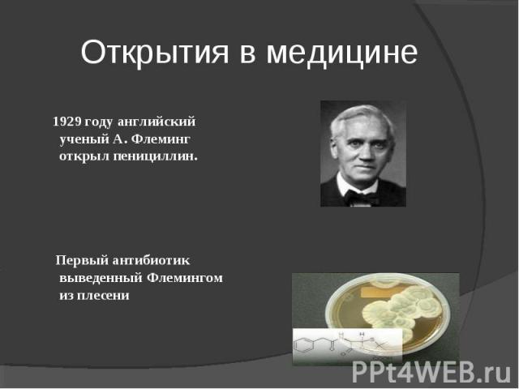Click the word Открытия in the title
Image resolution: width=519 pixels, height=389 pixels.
[155, 53]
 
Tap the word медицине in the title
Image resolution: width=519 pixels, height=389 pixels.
[342, 53]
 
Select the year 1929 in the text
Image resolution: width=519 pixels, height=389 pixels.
[66, 122]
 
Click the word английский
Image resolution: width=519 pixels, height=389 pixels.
[157, 122]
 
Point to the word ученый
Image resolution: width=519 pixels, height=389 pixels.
[84, 139]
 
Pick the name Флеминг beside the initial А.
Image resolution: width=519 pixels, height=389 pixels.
[161, 139]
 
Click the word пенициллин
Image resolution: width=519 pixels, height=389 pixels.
[156, 156]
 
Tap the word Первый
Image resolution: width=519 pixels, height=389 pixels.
[82, 261]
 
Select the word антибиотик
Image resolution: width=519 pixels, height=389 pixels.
[152, 261]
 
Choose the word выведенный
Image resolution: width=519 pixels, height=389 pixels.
[101, 278]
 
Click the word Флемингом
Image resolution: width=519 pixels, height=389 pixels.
[185, 278]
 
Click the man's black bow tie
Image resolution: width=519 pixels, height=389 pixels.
[361, 197]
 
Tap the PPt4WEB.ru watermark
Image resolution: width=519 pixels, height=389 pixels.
[432, 373]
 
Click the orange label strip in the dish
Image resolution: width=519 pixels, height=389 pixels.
[380, 292]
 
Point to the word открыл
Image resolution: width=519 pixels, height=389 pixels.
[84, 156]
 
